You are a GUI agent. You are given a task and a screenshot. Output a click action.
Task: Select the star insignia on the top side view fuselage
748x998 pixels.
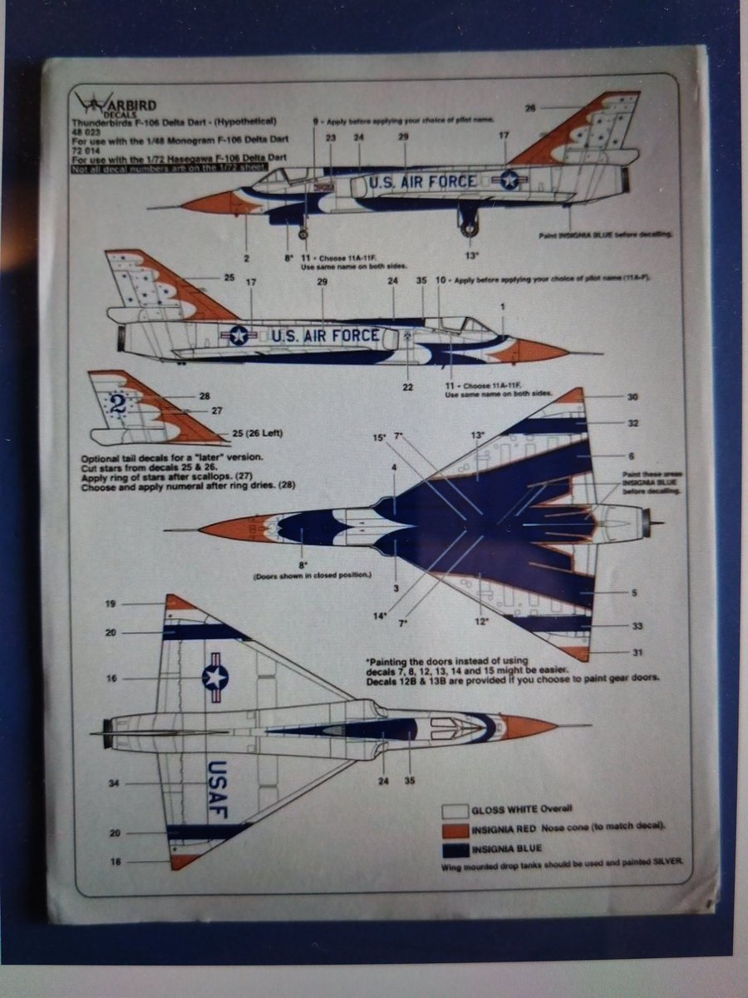[x=509, y=180]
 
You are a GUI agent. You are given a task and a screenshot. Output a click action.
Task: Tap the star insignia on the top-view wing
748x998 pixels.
[x=214, y=677]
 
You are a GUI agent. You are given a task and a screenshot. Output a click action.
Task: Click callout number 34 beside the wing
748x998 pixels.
[x=114, y=783]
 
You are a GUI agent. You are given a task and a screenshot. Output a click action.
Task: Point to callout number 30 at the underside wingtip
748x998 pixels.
[x=633, y=398]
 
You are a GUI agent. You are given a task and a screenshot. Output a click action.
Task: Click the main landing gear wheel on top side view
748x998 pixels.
[x=469, y=225]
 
